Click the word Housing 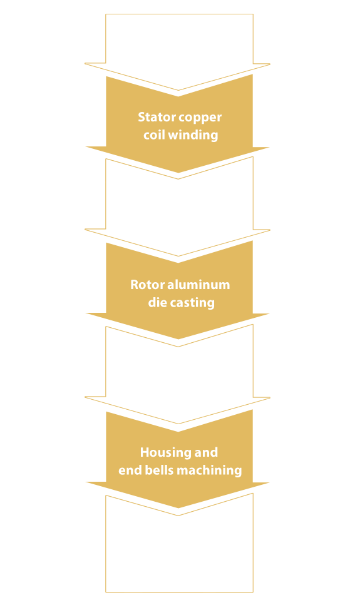tap(162, 453)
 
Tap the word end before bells tap(130, 470)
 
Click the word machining tap(209, 470)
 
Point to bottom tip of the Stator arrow tap(178, 173)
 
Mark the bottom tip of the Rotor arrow tap(178, 339)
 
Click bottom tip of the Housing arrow tap(178, 508)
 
